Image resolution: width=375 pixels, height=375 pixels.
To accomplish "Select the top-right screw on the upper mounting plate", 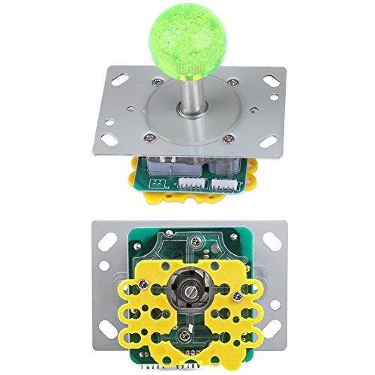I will coord(227,79).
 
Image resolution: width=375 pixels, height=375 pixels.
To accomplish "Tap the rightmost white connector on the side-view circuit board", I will coord(223,184).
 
